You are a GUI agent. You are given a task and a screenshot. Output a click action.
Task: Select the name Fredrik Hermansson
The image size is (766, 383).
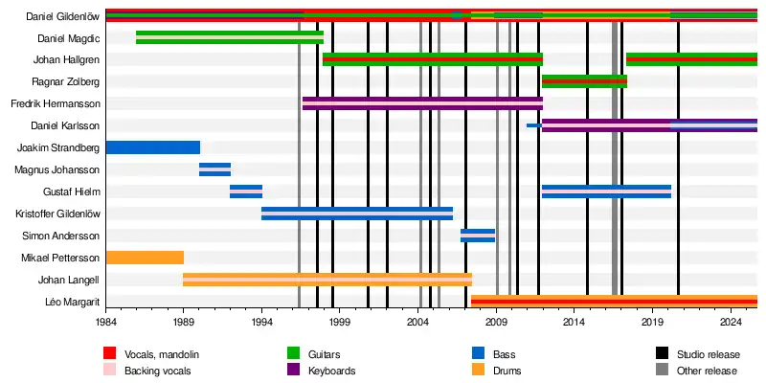click(56, 103)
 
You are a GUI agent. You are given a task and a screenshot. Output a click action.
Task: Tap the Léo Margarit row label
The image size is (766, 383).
click(73, 302)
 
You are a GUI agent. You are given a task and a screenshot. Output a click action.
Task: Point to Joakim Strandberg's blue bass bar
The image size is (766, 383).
click(152, 147)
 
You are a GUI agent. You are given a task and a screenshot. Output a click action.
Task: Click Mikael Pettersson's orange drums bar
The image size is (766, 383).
click(144, 258)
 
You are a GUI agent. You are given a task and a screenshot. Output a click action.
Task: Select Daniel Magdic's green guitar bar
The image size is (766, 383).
click(229, 37)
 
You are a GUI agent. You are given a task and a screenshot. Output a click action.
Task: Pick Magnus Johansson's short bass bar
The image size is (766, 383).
click(214, 169)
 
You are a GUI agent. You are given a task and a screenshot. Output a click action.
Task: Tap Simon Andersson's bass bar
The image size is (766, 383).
click(477, 236)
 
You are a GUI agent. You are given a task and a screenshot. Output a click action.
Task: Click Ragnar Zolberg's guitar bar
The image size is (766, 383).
click(584, 81)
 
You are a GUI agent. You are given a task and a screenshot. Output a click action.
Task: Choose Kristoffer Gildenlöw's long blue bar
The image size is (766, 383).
click(356, 214)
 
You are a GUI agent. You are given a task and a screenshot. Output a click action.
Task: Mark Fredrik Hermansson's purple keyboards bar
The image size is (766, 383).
click(422, 103)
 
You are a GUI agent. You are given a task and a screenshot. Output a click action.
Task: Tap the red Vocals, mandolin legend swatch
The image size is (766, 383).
click(109, 355)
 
